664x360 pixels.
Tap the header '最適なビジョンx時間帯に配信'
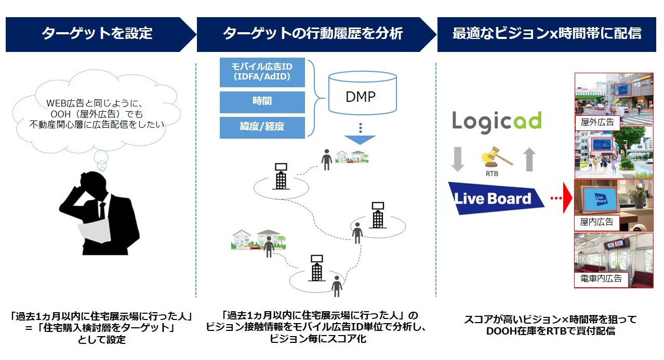click(x=547, y=34)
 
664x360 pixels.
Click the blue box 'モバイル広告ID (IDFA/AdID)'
click(x=262, y=73)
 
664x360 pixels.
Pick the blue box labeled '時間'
click(x=262, y=102)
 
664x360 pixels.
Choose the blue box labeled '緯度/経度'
click(x=262, y=127)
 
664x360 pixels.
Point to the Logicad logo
click(x=496, y=121)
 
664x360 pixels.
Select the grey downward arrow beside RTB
click(x=458, y=159)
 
